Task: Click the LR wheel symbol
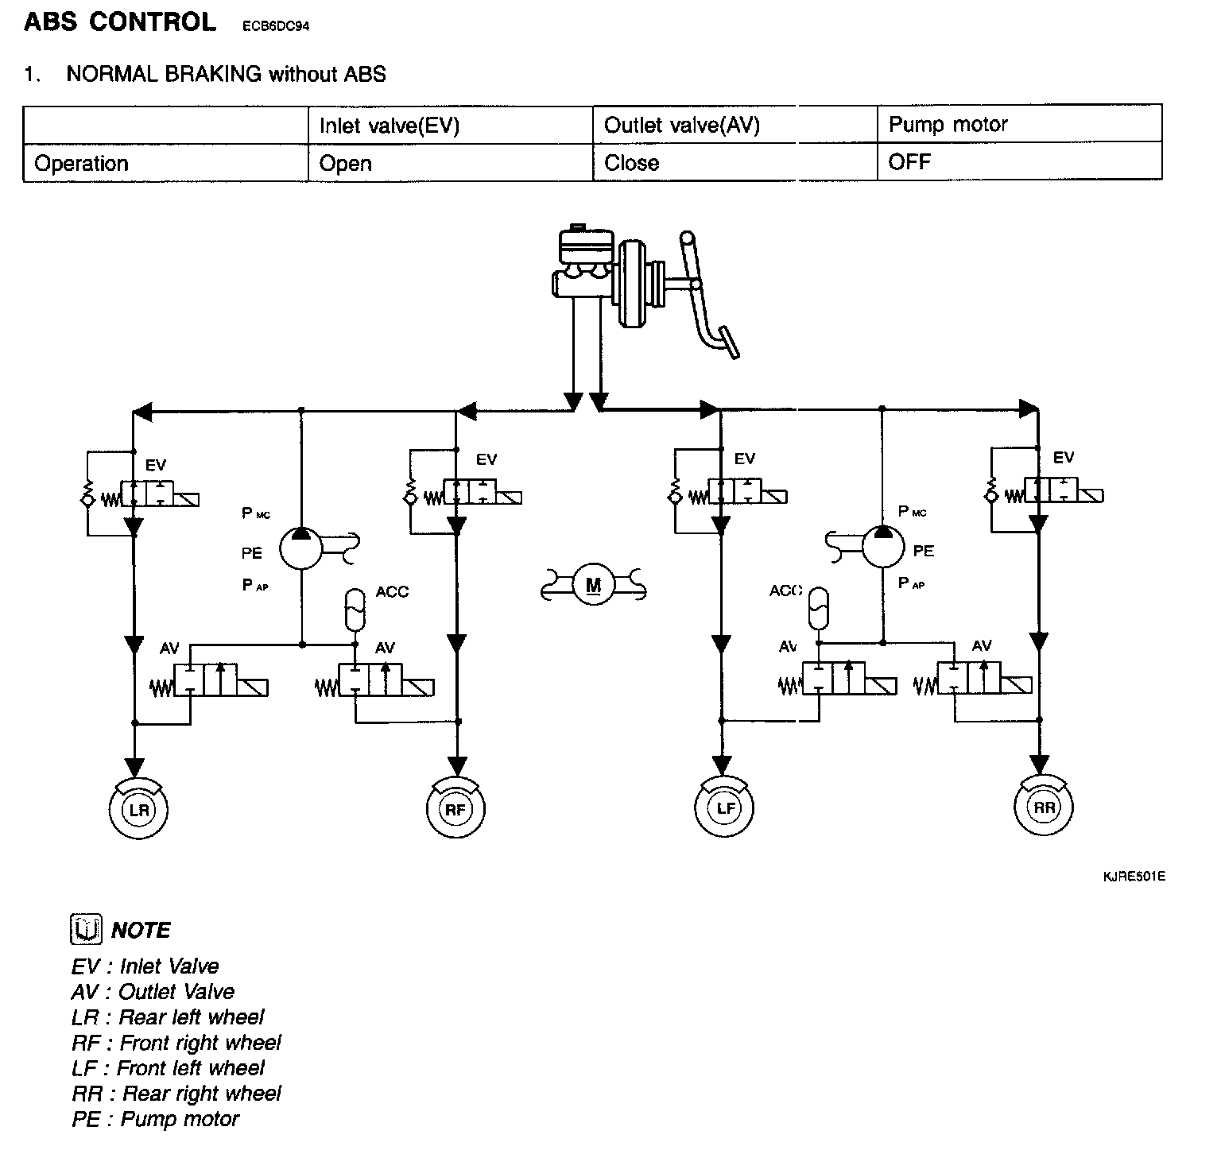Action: [x=139, y=809]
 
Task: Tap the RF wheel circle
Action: [x=455, y=809]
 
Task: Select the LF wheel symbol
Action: [x=724, y=808]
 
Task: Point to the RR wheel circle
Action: [x=1044, y=807]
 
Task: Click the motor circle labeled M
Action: [x=593, y=586]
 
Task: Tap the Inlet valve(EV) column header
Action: [x=390, y=126]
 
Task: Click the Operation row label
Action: [x=82, y=164]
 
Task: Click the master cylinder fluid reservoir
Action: [x=587, y=246]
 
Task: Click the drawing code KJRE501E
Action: [x=1134, y=877]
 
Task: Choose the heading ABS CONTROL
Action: [x=120, y=22]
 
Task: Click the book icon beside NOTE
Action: [x=86, y=929]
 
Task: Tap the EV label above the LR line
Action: [x=156, y=465]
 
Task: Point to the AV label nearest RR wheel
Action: [x=982, y=646]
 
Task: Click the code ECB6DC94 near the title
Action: [x=276, y=26]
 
